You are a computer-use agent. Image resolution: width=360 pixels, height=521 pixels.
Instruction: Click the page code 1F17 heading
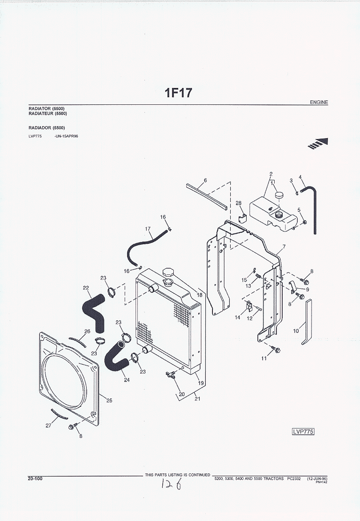click(x=179, y=93)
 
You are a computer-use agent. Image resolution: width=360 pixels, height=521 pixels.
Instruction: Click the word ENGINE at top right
click(x=319, y=103)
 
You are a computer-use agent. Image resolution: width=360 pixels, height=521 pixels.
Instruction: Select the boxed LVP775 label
click(x=303, y=431)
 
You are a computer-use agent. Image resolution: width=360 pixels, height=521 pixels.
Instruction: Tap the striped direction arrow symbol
click(x=318, y=143)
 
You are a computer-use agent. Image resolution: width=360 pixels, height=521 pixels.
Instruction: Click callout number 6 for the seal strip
click(x=205, y=180)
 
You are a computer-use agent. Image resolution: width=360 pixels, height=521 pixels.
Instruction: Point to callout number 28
click(x=239, y=203)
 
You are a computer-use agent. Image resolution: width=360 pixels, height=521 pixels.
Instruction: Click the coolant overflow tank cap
click(x=279, y=195)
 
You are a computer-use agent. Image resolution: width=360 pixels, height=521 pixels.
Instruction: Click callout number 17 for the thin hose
click(x=148, y=229)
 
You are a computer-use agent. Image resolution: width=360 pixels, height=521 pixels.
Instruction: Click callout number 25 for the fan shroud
click(x=109, y=400)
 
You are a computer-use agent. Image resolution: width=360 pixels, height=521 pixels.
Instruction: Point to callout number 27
click(x=48, y=426)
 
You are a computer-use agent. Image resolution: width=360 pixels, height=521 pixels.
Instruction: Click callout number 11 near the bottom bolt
click(x=264, y=359)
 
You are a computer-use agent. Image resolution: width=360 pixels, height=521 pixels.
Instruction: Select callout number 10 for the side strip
click(x=296, y=331)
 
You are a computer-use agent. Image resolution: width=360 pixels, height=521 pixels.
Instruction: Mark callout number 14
click(x=237, y=317)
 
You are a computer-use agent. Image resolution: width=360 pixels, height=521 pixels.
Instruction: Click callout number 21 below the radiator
click(x=197, y=398)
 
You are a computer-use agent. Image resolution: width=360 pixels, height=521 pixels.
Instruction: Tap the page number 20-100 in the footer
click(x=35, y=478)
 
